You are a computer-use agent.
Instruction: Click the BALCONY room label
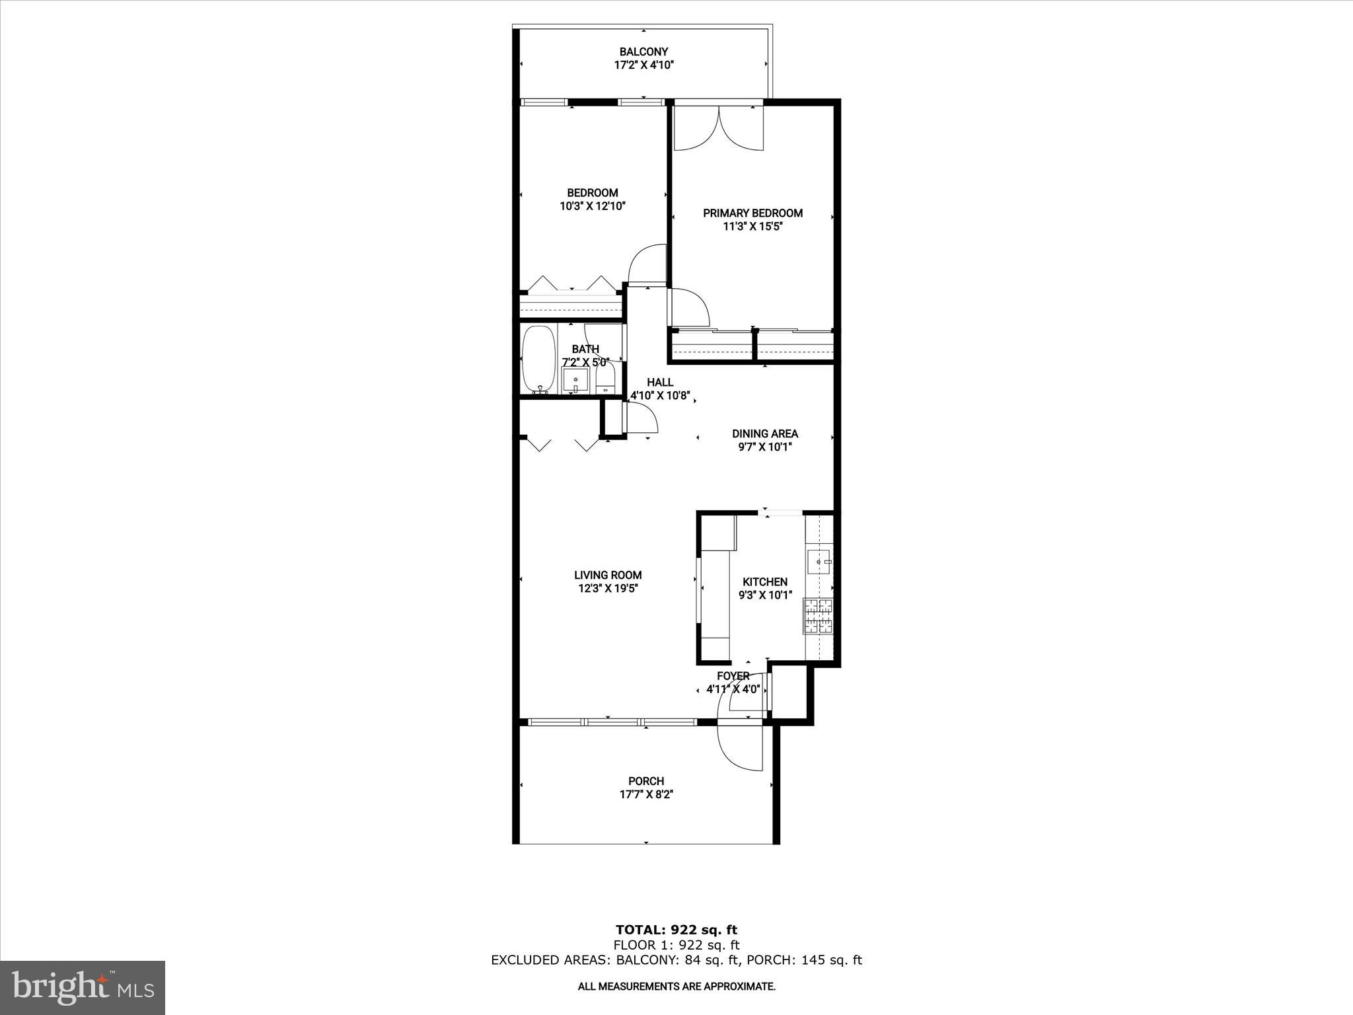pos(643,52)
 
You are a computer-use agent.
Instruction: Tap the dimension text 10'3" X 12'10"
pos(592,206)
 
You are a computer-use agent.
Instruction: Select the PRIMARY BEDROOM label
pos(752,213)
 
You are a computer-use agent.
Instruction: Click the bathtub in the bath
pos(538,360)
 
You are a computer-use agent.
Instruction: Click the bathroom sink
pos(575,381)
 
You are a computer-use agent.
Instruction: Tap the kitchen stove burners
pos(819,616)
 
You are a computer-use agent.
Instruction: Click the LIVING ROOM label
pos(608,576)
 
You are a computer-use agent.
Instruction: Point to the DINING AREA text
pos(764,434)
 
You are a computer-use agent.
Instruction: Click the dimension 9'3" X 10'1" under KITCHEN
pos(764,595)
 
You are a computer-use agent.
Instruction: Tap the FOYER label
pos(733,676)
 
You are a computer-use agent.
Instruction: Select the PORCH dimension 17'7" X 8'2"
pos(645,794)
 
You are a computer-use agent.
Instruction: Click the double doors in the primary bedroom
pos(718,129)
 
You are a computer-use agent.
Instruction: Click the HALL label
pos(660,383)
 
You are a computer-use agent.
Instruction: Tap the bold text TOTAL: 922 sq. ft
pos(676,930)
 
